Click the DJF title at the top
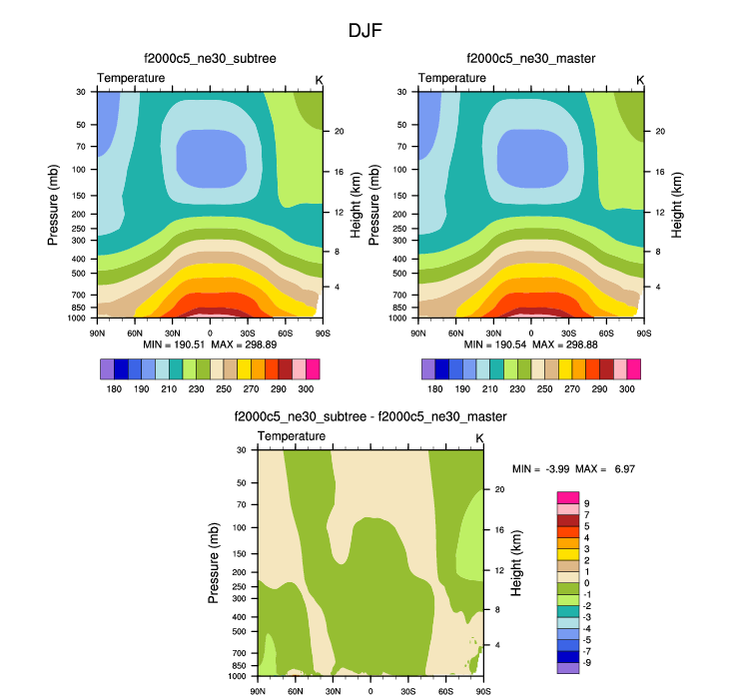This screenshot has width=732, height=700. (x=365, y=31)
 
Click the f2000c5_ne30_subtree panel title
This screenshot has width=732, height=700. (x=210, y=59)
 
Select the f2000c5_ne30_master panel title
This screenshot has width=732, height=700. (x=530, y=59)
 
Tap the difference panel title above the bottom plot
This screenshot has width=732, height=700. (x=369, y=416)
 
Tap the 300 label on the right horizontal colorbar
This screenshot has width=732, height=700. (x=625, y=389)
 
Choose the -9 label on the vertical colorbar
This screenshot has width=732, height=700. (x=587, y=662)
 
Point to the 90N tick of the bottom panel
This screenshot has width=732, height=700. (x=258, y=690)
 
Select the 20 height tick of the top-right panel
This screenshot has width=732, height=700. (x=660, y=132)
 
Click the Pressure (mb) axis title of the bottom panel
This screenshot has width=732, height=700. (x=214, y=562)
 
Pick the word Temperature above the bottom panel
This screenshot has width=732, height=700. (x=292, y=437)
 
